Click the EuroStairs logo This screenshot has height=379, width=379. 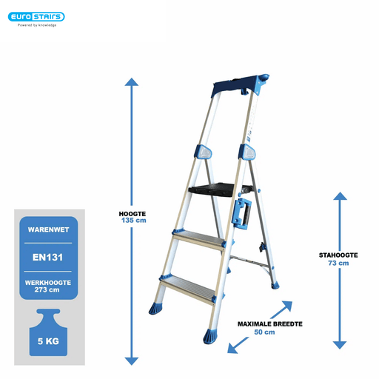(x=36, y=17)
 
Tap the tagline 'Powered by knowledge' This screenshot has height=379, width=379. (x=37, y=25)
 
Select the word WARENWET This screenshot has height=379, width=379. (x=48, y=229)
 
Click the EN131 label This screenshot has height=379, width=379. (x=48, y=258)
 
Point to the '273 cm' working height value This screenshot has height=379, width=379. (x=47, y=289)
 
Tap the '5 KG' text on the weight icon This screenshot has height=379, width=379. (x=48, y=341)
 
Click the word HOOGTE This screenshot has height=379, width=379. (x=133, y=214)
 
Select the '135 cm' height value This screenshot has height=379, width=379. (x=134, y=221)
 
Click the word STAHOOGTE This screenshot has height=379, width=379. (x=338, y=255)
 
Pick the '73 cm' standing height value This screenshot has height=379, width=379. (x=338, y=263)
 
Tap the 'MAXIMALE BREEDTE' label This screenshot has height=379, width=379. (x=270, y=324)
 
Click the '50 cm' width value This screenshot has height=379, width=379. (x=264, y=332)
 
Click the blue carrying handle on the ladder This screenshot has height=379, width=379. (x=241, y=213)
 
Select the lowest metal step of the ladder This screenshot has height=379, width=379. (x=187, y=288)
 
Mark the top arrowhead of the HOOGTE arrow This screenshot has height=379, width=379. (x=132, y=82)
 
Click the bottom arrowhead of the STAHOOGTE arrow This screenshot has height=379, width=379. (x=340, y=345)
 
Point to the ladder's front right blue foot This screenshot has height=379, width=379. (x=211, y=336)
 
